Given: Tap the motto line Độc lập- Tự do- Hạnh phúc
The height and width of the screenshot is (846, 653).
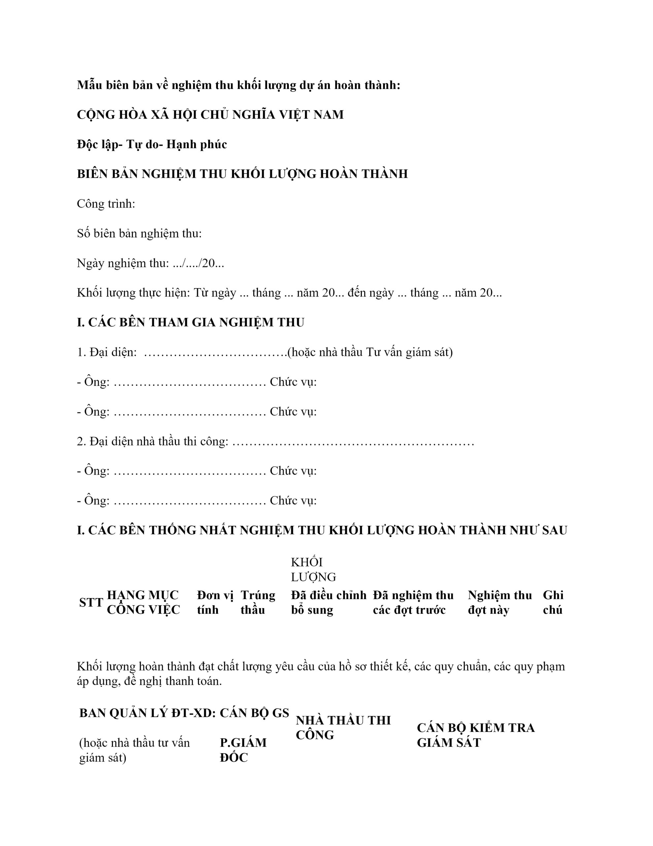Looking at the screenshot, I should pos(152,144).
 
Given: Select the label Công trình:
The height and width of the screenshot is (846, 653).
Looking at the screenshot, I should pos(106,204).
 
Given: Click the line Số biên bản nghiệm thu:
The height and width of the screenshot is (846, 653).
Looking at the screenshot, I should pos(139,234).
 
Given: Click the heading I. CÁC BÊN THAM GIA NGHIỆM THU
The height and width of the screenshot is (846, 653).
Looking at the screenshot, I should pos(190,323).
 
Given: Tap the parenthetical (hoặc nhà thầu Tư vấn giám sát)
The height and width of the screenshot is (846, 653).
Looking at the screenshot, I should pos(370,352).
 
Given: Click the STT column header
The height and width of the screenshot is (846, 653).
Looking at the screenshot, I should pos(91,603).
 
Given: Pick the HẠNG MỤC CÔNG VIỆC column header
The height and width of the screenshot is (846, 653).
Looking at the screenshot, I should pos(143,603).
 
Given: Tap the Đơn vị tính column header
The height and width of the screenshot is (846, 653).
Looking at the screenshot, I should pos(215,603).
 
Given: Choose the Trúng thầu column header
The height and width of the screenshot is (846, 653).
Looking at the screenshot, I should pos(258,603).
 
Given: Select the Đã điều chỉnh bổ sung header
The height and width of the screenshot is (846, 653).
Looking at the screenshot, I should pos(328,603).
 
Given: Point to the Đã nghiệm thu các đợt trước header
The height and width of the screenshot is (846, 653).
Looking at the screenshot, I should pos(413,603).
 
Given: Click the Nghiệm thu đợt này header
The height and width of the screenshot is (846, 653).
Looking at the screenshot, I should pos(499,603).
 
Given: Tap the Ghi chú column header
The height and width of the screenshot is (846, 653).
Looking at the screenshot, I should pos(553,603).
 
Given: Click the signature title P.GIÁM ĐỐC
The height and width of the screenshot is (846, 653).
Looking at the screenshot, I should pos(243,750).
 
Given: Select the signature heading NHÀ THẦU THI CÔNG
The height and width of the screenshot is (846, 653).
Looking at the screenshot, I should pos(343,727).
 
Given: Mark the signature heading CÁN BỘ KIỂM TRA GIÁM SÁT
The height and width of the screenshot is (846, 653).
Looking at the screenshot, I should pos(475,735).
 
